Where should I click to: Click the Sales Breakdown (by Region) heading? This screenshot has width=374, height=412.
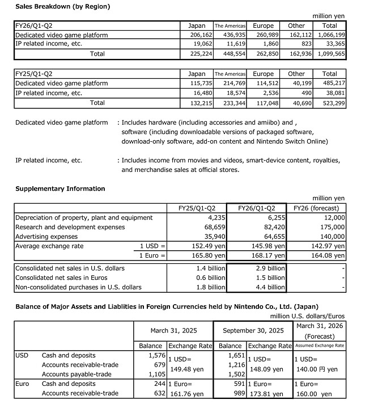[x=54, y=6]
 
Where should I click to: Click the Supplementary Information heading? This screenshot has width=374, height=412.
[x=60, y=188]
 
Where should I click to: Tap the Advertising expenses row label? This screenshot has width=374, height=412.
[x=47, y=237]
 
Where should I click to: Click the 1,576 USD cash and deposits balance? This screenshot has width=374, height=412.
[x=156, y=355]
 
